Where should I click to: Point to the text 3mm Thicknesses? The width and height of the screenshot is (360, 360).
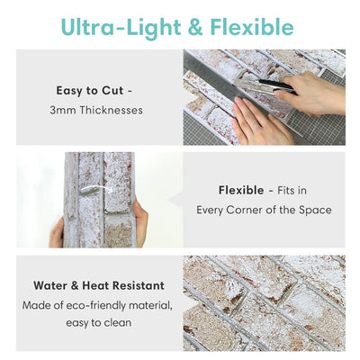coord(96,110)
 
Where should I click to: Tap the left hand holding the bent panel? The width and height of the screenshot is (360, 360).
coord(58,231)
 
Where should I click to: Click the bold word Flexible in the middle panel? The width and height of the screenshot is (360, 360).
coord(240,190)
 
